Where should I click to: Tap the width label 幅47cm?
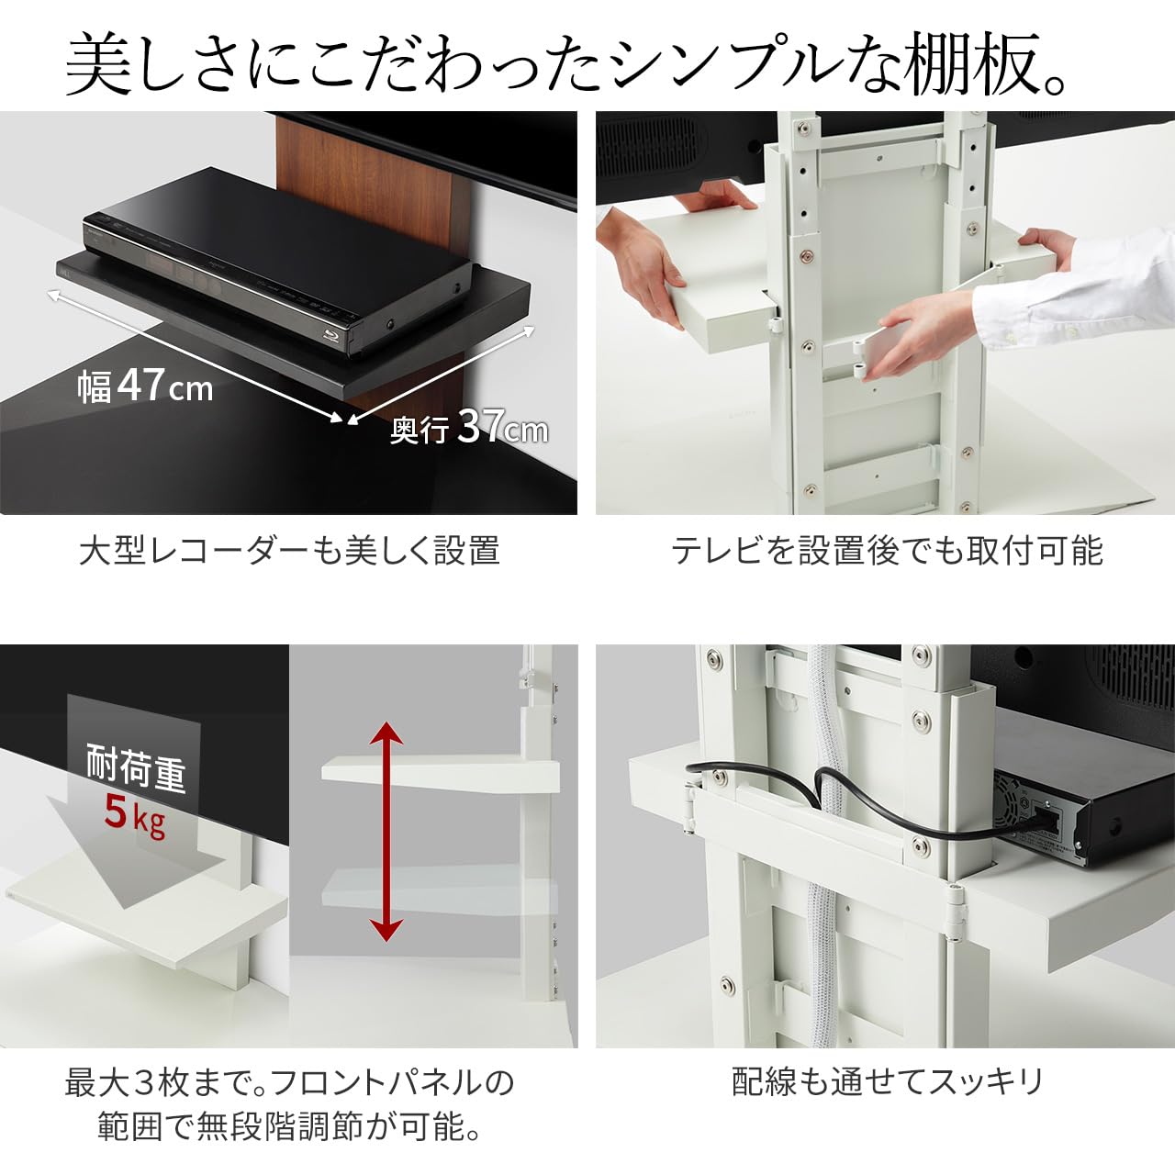point(145,386)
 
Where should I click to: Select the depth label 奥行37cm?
point(468,428)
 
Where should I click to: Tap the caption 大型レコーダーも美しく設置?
point(289,551)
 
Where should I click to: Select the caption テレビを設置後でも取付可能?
point(886,551)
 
